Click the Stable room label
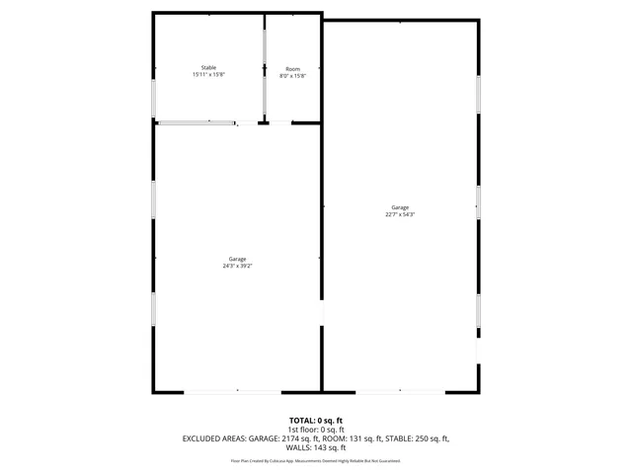[x=208, y=67]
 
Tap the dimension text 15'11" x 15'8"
[x=208, y=75]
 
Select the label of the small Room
[x=292, y=68]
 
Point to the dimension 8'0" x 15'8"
[x=292, y=76]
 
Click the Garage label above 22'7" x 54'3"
[x=399, y=207]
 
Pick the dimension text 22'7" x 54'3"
[x=399, y=215]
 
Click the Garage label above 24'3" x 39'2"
[x=237, y=259]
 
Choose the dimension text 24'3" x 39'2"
[x=237, y=267]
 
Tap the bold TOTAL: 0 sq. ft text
[x=316, y=420]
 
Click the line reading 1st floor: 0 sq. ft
[x=316, y=429]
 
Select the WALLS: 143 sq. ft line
[x=316, y=447]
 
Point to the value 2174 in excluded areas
[x=296, y=437]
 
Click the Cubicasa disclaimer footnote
[x=316, y=460]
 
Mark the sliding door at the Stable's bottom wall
[x=197, y=123]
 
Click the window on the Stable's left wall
[x=153, y=99]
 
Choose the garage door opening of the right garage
[x=399, y=392]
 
